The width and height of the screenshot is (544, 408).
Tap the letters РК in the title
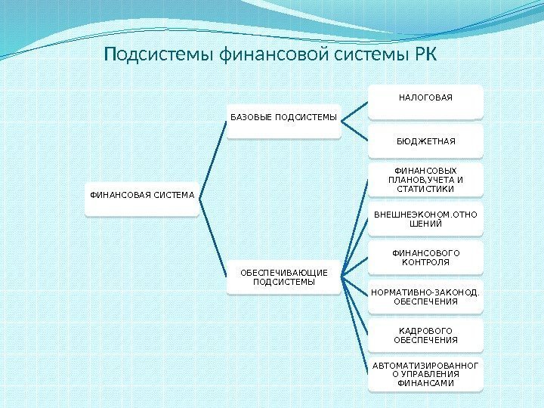[424, 56]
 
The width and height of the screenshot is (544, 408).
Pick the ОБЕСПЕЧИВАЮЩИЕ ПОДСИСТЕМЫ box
[283, 277]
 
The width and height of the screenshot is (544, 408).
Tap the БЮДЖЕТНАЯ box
[426, 141]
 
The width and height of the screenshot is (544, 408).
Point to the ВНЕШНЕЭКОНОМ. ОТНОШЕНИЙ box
[426, 219]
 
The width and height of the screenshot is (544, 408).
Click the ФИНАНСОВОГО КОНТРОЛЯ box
[426, 258]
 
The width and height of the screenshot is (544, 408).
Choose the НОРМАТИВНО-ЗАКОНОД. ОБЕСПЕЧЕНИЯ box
[426, 297]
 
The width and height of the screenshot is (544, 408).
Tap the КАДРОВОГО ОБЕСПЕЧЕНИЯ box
[426, 335]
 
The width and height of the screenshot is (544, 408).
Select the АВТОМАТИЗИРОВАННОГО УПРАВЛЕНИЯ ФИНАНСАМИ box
[426, 375]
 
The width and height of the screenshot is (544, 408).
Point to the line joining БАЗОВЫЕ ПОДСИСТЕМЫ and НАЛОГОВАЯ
[355, 110]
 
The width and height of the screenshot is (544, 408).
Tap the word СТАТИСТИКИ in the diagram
[426, 189]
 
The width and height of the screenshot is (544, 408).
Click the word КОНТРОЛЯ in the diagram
[426, 262]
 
